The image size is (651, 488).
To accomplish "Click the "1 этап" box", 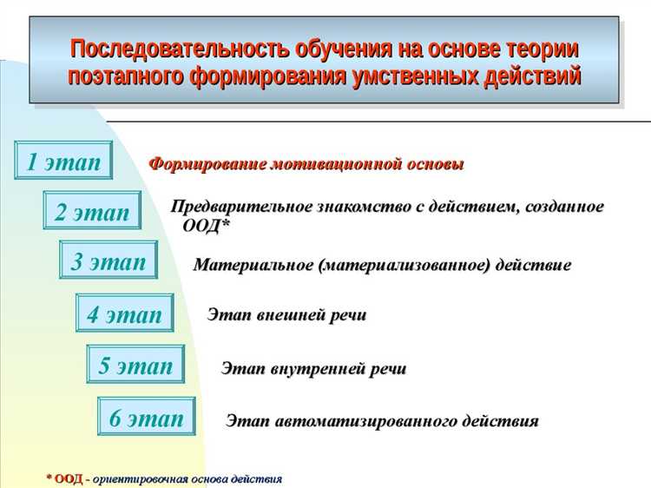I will click(x=63, y=161).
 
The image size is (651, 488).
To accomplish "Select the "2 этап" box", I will click(x=92, y=211).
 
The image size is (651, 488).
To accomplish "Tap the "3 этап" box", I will click(x=108, y=261).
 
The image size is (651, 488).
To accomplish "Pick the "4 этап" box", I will click(x=124, y=314).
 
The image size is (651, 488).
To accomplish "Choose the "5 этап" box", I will click(x=135, y=366).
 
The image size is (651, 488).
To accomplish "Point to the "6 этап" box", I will click(x=146, y=418).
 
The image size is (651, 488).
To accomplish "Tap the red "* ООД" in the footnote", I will click(x=64, y=478).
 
